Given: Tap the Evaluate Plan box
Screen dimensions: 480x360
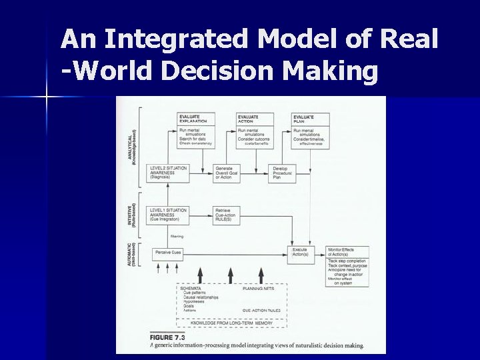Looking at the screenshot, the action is point(309,129).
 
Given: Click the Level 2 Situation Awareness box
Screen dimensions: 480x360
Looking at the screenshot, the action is point(169,173).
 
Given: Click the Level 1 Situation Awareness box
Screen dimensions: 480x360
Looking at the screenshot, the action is point(169,215).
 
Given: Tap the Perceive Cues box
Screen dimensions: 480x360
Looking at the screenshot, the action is point(169,253).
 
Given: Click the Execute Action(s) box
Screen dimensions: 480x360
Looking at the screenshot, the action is point(301,252).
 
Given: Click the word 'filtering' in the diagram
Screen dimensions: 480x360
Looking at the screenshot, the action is point(177,236).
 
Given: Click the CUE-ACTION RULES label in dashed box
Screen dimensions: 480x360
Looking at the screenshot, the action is point(261,311).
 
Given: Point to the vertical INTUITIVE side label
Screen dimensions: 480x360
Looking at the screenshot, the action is point(132,215).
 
